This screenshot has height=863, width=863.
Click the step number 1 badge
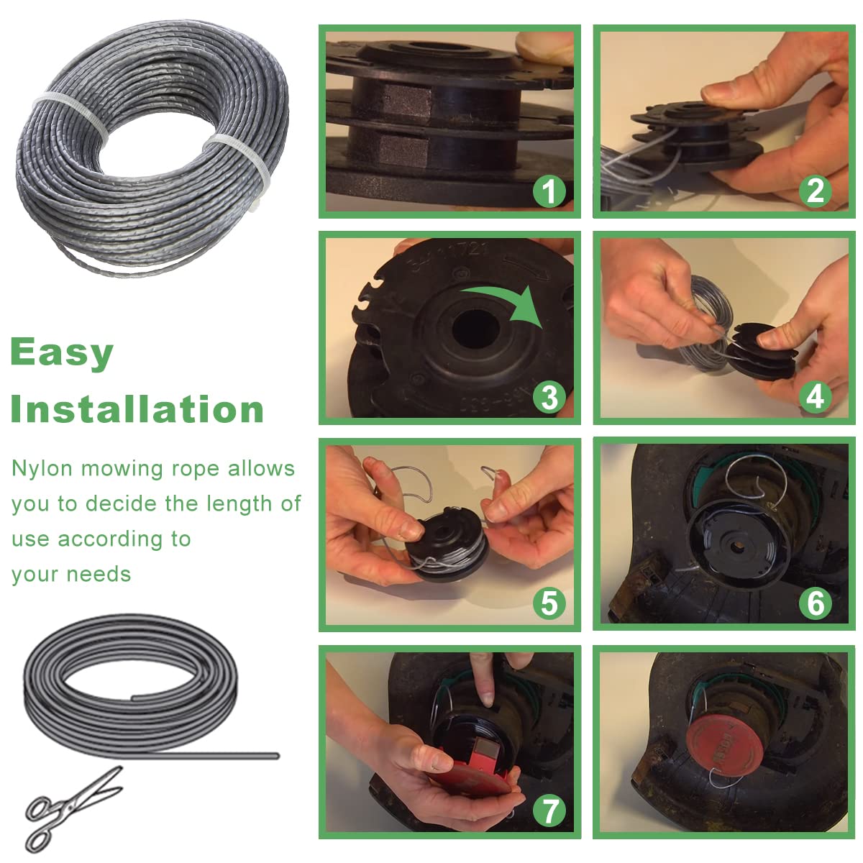tap(549, 191)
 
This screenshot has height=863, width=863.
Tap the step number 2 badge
tap(816, 191)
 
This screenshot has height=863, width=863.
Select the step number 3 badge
tap(549, 397)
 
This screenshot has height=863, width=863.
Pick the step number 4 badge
tap(816, 397)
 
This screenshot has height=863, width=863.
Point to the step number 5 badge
tap(549, 603)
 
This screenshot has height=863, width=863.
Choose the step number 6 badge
tap(816, 603)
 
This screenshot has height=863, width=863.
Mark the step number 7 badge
tap(549, 811)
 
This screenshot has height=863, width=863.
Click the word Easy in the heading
tap(62, 353)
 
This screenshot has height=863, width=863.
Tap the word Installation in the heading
tap(137, 410)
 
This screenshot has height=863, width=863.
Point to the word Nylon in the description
tap(42, 469)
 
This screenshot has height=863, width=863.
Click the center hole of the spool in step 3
tap(475, 332)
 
